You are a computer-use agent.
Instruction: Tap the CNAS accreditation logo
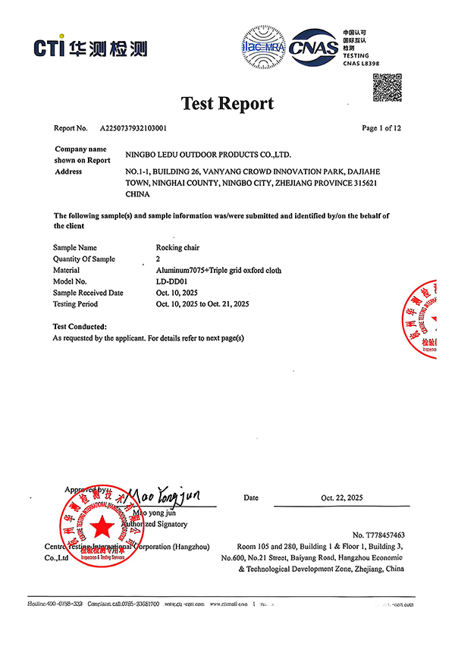click(x=313, y=47)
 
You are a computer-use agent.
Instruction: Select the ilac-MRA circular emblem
click(x=262, y=46)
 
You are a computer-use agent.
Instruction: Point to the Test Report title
click(x=227, y=103)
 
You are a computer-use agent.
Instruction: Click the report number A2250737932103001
click(x=136, y=128)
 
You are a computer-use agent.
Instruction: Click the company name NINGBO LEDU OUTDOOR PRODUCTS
click(x=208, y=155)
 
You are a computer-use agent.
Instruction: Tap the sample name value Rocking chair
click(x=177, y=247)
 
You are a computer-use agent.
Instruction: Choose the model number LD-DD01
click(x=171, y=281)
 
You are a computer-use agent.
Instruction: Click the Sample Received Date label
click(x=88, y=293)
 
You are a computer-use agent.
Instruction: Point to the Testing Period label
click(x=75, y=304)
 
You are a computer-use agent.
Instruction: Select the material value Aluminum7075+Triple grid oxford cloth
click(x=218, y=270)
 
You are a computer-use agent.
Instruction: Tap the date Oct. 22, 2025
click(x=342, y=498)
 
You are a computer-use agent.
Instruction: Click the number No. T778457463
click(x=374, y=535)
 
